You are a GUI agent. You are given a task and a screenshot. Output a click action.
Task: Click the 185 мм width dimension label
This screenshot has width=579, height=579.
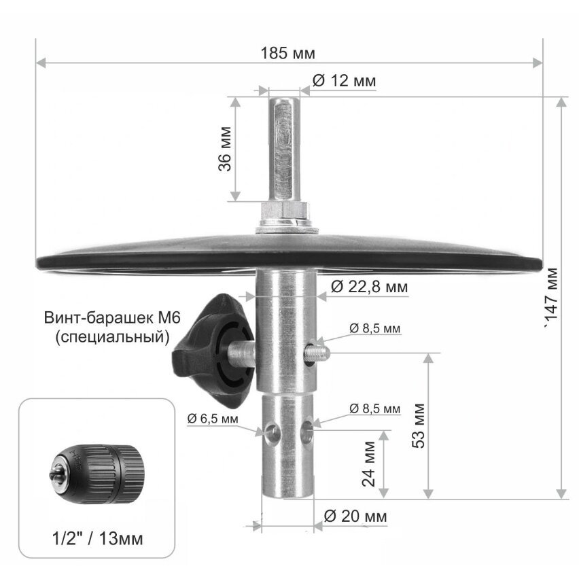288,53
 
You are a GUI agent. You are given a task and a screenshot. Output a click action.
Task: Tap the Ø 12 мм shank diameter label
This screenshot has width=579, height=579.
344,81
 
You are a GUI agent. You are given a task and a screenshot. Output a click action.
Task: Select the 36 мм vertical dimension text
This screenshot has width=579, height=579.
225,149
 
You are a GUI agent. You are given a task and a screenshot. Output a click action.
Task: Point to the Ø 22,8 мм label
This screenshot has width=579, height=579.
369,287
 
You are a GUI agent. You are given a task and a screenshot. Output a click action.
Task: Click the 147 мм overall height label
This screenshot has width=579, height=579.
552,297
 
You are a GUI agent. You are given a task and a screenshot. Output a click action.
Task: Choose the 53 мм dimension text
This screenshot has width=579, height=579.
419,426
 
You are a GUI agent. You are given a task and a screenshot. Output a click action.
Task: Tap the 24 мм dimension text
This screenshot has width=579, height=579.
368,463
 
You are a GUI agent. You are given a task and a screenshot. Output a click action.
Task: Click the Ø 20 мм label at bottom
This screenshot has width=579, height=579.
355,516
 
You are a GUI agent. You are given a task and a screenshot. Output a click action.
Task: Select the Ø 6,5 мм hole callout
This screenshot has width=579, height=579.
213,419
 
